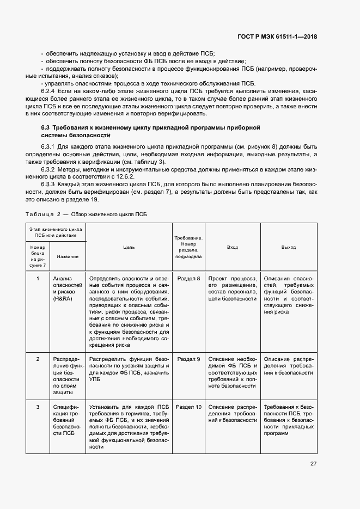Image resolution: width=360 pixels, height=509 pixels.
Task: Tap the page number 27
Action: pos(314,464)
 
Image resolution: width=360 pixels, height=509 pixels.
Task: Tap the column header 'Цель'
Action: pos(129,247)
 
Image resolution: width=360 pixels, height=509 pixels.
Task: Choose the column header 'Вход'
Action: pos(233,247)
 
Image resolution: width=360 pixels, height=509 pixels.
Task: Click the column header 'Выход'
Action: pos(289,247)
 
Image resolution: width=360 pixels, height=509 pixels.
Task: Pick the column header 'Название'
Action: pos(68,256)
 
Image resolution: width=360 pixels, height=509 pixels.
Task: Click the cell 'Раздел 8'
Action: pos(189,279)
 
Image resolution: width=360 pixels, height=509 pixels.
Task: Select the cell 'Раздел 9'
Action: pos(189,359)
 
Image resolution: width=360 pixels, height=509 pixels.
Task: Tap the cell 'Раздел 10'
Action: pos(189,407)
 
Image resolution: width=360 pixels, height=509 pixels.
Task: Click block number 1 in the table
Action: pos(38,279)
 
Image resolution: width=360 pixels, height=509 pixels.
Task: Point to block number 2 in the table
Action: pos(38,359)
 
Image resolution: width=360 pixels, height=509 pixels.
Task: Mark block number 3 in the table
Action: pos(38,407)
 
